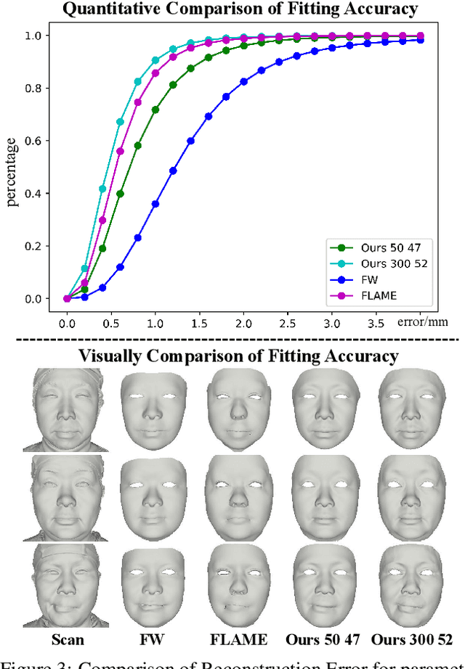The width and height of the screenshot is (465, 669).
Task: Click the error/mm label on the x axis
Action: point(428,321)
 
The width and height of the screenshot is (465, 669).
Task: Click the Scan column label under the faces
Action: point(67,639)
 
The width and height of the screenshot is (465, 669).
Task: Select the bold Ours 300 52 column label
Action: point(412,639)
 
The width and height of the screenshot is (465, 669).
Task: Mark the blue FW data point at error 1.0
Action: point(155,204)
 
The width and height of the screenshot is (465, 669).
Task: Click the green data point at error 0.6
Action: point(120,194)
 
